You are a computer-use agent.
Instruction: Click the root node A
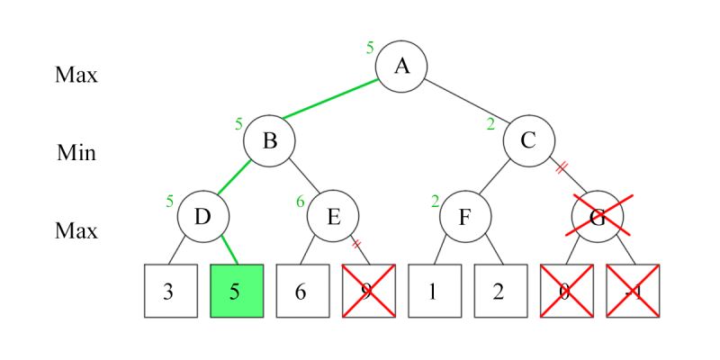(x=400, y=67)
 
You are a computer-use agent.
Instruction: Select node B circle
(x=268, y=141)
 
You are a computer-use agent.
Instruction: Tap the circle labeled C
(x=527, y=141)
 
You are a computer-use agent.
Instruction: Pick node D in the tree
(x=202, y=217)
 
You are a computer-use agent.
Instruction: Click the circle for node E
(x=333, y=217)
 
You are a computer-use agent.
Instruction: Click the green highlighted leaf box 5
(x=237, y=291)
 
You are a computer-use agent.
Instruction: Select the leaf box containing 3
(x=171, y=291)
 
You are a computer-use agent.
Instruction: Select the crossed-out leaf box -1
(x=633, y=291)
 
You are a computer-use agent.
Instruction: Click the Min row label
(x=76, y=152)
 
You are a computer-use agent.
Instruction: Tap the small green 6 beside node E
(x=301, y=201)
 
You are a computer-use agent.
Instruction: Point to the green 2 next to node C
(x=490, y=124)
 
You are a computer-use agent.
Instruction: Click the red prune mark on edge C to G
(x=562, y=167)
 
